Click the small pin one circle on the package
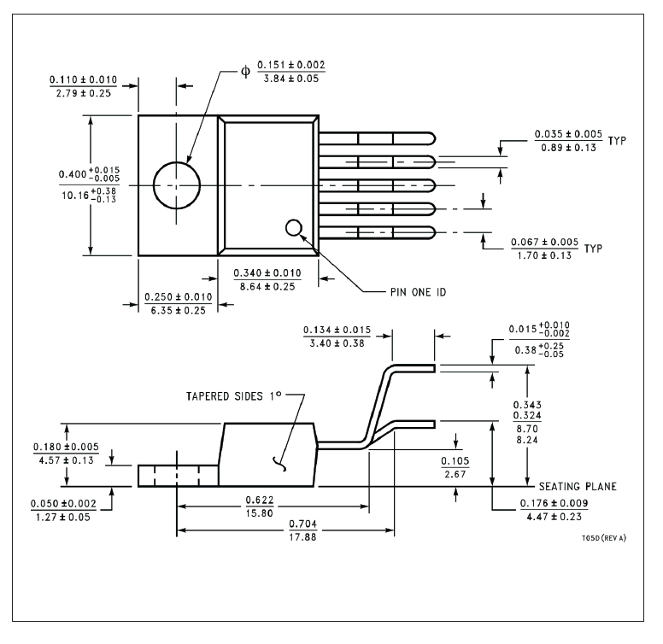coord(293,227)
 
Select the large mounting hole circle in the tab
coord(177,184)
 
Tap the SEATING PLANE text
coord(578,486)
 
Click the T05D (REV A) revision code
coord(596,539)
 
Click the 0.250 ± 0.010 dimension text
coord(179,296)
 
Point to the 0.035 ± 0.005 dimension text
coord(568,134)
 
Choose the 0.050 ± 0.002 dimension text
coord(65,504)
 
